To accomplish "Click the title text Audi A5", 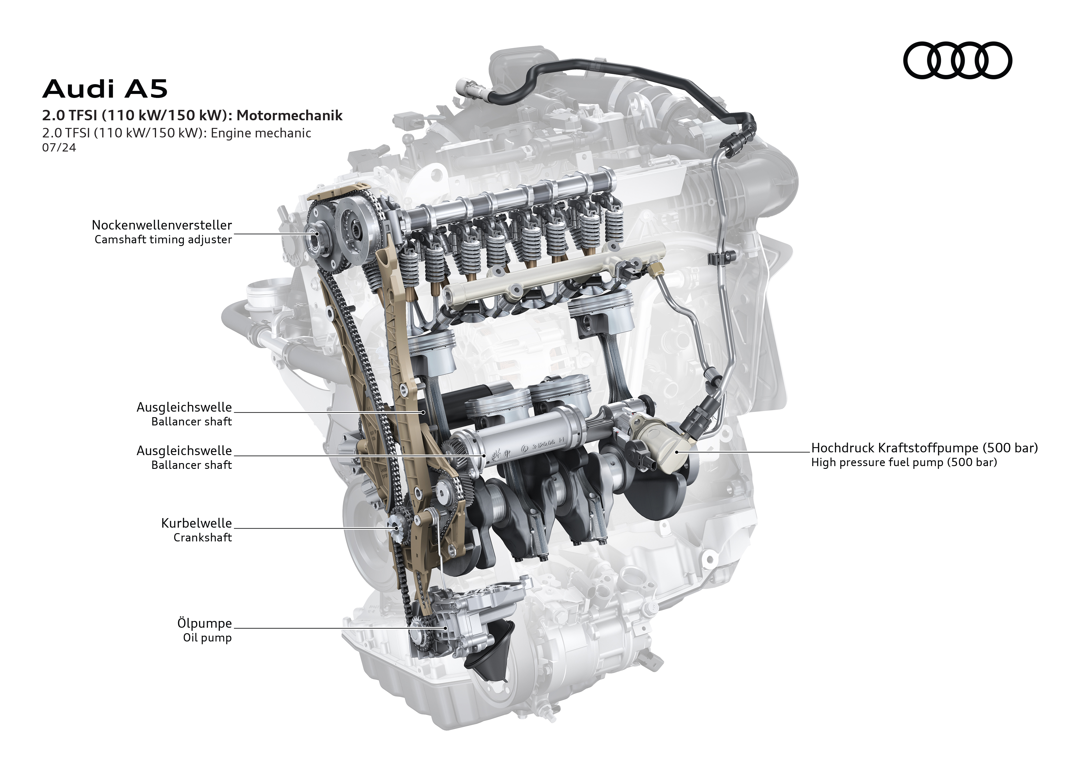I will [105, 89].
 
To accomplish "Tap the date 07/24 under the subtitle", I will [59, 148].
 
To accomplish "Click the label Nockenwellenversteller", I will [162, 225].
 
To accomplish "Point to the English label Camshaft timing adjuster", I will [163, 240].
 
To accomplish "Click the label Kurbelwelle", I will [196, 523].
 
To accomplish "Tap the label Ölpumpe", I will [204, 623].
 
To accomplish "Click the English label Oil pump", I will [207, 637].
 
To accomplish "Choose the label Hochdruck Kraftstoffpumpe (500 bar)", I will [924, 448].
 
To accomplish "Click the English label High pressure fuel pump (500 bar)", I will [904, 462].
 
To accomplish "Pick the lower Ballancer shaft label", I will [191, 465].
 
